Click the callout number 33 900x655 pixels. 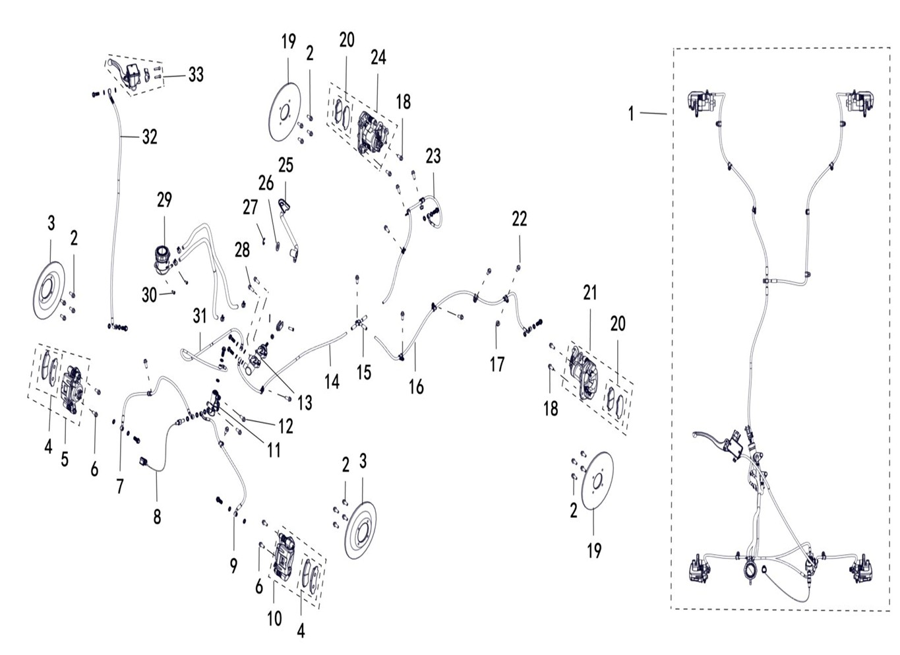coord(196,75)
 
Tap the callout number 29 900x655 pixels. coord(164,199)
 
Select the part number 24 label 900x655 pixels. coord(378,57)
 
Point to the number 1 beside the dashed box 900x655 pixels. coord(631,114)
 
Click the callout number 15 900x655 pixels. coord(364,373)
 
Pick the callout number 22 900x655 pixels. coord(520,219)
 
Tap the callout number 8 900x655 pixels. coord(157,516)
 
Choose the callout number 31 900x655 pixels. coord(200,316)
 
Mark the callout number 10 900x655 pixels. coord(274,618)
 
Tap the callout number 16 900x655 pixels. coord(416,387)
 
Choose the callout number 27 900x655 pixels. coord(250,208)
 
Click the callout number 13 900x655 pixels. coord(305,402)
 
